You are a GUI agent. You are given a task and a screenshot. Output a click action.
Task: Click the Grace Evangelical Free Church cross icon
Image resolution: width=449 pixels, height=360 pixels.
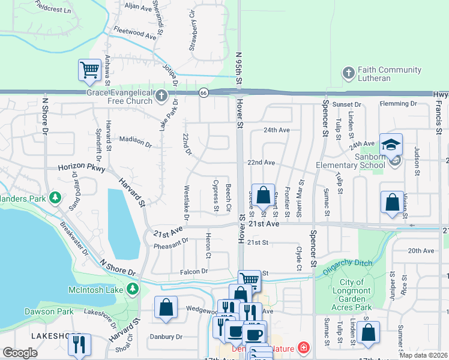tap(161, 96)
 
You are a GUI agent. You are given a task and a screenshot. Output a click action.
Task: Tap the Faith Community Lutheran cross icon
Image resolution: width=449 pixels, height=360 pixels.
tap(348, 73)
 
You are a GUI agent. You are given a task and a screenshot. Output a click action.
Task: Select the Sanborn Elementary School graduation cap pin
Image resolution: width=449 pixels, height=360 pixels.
tap(391, 146)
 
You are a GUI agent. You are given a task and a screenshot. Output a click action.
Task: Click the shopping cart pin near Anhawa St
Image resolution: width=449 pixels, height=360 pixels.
tap(89, 70)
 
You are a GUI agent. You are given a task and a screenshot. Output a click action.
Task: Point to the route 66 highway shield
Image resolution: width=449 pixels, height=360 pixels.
tap(204, 92)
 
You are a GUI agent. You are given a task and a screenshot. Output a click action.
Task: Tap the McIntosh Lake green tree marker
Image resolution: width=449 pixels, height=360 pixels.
tap(133, 290)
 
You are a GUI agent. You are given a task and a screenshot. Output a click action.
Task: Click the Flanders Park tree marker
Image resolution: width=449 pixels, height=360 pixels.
tap(55, 197)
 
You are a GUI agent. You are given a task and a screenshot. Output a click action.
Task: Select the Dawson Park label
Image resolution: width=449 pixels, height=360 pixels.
tap(49, 311)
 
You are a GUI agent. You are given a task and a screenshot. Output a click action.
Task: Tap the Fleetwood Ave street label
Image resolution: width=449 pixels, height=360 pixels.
tap(134, 32)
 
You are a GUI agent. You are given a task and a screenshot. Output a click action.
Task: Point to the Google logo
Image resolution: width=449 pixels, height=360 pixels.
tap(20, 353)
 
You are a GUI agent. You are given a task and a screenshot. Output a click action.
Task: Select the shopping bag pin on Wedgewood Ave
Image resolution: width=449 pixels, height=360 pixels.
tap(166, 308)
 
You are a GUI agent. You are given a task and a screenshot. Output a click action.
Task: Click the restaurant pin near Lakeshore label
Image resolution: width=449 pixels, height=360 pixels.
tap(79, 345)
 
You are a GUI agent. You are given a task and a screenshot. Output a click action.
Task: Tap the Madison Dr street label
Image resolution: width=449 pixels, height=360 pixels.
tap(136, 140)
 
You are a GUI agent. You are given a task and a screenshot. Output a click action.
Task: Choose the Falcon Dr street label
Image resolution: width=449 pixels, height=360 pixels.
tap(193, 272)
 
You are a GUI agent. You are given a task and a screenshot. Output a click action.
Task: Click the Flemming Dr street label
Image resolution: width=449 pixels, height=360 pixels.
tap(398, 104)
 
